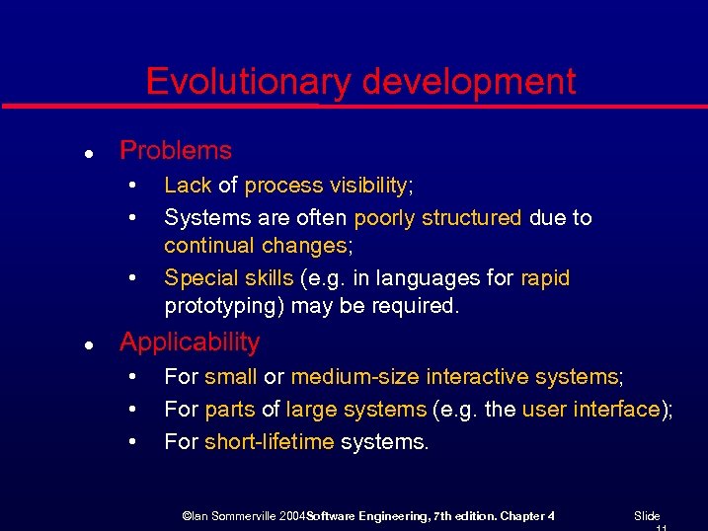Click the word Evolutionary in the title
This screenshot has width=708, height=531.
coord(247,82)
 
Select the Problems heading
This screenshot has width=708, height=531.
coord(176,151)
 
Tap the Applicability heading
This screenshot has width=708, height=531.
coord(190,342)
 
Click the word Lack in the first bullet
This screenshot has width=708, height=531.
coord(188,186)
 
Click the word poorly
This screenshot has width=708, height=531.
coord(386,217)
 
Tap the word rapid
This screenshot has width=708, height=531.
coord(545,278)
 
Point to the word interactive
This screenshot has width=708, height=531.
coord(477,377)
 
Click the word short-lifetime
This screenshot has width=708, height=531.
coord(269,442)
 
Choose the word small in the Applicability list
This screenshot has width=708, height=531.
coord(231,377)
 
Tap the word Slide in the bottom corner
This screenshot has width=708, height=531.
coord(647,516)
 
